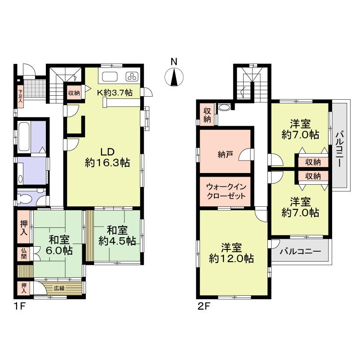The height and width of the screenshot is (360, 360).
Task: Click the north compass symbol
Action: (174, 77)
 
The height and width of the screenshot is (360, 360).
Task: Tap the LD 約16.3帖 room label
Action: (107, 157)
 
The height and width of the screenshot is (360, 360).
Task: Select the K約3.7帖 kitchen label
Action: (115, 93)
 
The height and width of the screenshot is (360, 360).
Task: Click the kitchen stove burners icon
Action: (133, 76)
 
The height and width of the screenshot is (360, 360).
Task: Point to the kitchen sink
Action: (110, 76)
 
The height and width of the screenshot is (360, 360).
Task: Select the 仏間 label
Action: (23, 254)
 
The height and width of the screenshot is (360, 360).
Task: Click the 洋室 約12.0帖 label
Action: (231, 253)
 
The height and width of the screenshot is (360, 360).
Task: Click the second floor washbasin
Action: (224, 108)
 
